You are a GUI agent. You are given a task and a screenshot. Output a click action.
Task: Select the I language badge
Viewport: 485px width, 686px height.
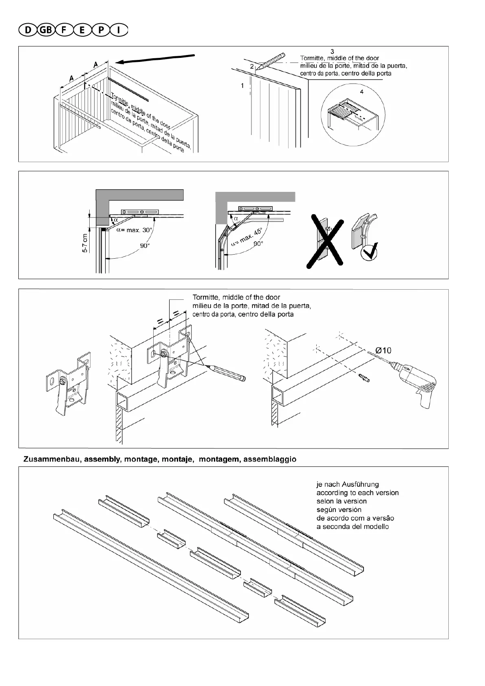coord(118,30)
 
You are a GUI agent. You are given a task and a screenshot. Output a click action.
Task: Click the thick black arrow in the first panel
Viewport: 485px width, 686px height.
coord(157,59)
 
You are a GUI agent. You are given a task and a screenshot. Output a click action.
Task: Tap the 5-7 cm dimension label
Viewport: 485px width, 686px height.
coord(85,244)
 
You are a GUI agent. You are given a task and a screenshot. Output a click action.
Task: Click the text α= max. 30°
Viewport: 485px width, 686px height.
coord(134,230)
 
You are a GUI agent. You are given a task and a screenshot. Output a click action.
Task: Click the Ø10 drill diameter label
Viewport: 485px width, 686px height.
coord(383,350)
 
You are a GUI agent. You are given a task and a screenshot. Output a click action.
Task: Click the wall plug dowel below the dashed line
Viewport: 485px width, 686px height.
coord(364,378)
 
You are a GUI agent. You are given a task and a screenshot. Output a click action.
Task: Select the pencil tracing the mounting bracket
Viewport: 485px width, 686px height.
coord(227,373)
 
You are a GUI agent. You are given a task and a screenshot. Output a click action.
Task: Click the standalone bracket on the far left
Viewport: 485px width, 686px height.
coord(67,383)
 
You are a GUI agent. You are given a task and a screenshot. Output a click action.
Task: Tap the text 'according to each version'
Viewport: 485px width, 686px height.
coord(357,493)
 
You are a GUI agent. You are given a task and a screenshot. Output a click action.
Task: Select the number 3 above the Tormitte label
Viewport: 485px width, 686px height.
coord(332,51)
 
